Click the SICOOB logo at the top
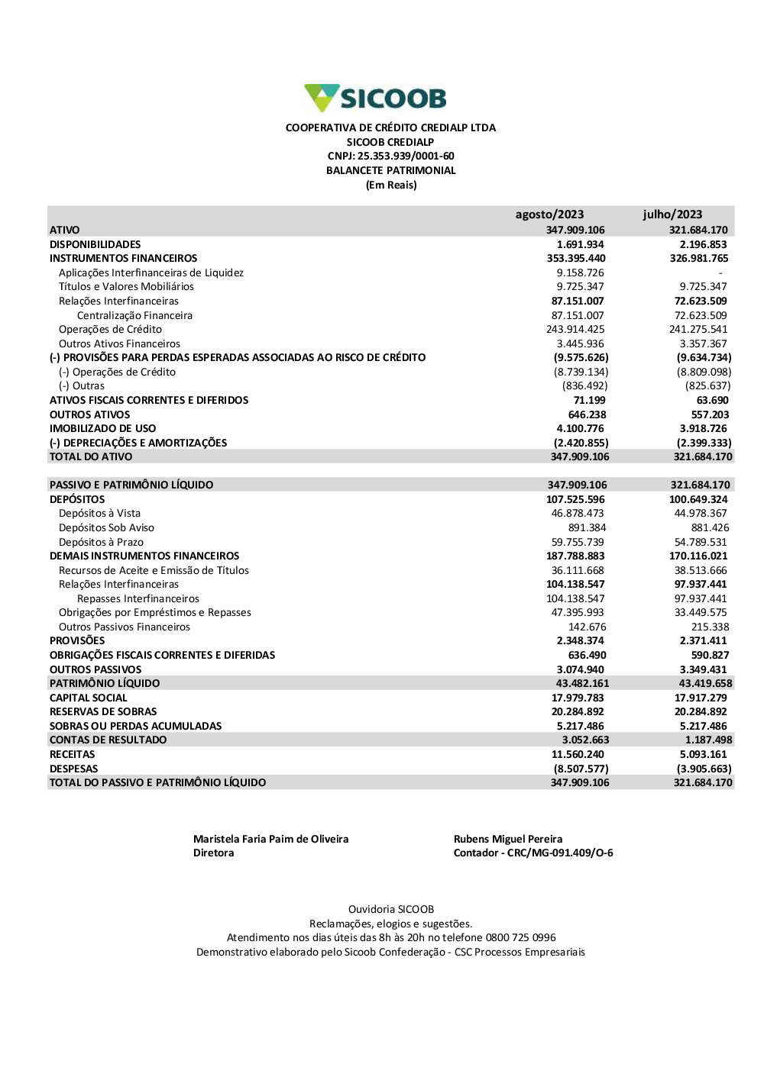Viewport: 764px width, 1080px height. [375, 98]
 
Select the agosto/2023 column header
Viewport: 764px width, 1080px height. [549, 214]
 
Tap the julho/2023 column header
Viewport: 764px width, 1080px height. [672, 214]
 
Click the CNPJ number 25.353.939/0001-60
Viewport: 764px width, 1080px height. [406, 156]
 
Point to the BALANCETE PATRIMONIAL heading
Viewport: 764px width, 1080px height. [390, 171]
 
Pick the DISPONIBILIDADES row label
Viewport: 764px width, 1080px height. [95, 244]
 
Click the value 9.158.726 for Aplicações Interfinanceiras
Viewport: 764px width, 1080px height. [580, 272]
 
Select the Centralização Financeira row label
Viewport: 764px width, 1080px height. [134, 315]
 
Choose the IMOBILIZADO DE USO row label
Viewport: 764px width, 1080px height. [102, 428]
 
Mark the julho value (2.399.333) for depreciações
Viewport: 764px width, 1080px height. [704, 443]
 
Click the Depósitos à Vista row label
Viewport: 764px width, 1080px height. [99, 513]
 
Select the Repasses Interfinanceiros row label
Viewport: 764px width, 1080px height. [138, 598]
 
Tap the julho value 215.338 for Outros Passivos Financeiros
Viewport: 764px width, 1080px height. [710, 627]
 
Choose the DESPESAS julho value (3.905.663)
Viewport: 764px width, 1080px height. [704, 769]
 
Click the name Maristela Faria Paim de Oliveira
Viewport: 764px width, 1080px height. [270, 839]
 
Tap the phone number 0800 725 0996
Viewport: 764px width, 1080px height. [520, 937]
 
